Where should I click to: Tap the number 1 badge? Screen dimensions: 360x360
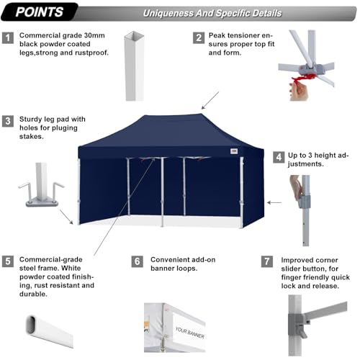coord(8,38)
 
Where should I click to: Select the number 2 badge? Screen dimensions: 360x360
coord(198,38)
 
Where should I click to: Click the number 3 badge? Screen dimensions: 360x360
coord(8,121)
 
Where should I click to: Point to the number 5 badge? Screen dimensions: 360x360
coord(8,260)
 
